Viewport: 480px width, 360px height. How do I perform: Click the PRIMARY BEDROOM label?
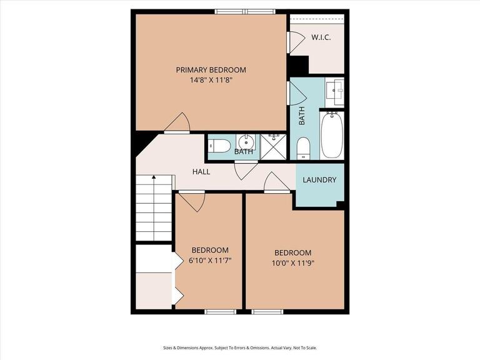click(211, 70)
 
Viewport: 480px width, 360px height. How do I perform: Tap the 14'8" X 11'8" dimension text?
click(211, 80)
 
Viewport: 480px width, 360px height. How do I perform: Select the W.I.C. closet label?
click(321, 37)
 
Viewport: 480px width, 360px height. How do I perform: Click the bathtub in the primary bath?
click(331, 134)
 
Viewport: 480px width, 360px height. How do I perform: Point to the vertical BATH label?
click(302, 116)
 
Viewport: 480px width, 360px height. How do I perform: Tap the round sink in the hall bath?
click(247, 140)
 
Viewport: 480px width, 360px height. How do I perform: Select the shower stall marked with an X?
click(273, 146)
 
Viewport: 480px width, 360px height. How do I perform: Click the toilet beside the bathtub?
click(303, 148)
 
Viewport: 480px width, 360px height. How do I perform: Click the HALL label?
click(201, 172)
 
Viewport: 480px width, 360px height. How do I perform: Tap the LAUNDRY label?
click(319, 180)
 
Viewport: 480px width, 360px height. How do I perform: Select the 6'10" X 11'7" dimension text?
click(210, 260)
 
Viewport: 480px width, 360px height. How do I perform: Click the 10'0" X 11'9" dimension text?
click(292, 263)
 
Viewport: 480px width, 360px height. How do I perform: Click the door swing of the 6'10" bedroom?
click(192, 201)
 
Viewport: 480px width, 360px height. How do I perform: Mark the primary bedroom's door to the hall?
click(177, 123)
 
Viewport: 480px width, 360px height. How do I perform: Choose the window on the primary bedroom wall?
click(245, 11)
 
